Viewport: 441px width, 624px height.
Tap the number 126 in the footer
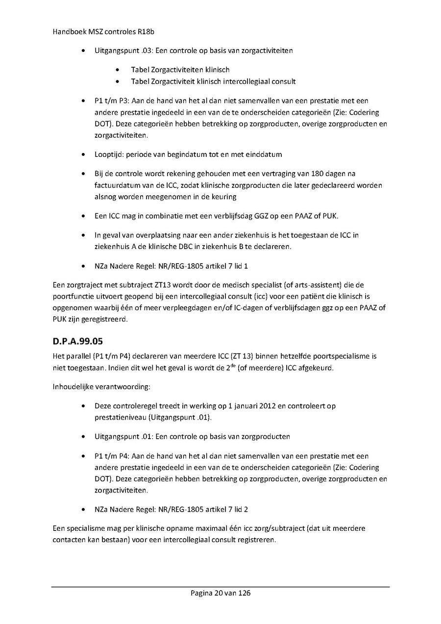(244, 593)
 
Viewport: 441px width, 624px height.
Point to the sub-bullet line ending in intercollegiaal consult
(213, 81)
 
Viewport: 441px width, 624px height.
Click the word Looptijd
(109, 154)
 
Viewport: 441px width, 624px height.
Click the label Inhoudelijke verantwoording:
(101, 387)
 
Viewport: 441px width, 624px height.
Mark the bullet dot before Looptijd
(85, 155)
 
